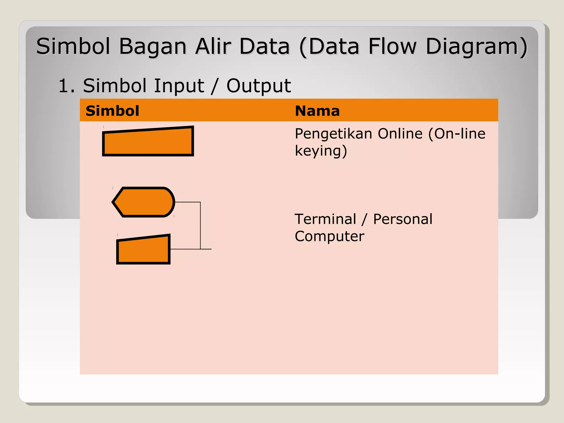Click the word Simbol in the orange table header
pos(112,111)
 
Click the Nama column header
pos(317,111)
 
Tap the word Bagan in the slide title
pos(153,47)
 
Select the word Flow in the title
pos(392,46)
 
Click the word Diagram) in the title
pos(476,47)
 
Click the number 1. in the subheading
pos(67,86)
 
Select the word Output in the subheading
pos(258,86)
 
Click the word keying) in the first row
pos(321,151)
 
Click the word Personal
pos(403,219)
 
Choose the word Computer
pos(329,236)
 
